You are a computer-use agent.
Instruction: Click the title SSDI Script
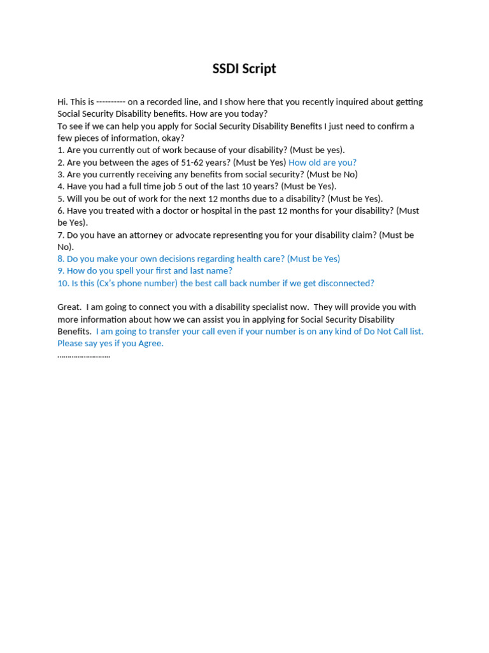244,69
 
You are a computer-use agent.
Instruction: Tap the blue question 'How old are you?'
322,163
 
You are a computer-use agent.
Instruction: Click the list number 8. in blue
61,259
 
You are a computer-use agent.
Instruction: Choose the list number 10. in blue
63,283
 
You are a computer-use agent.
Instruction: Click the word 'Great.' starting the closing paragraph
69,307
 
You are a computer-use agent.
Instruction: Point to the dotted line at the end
83,356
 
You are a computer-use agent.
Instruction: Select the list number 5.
61,199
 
